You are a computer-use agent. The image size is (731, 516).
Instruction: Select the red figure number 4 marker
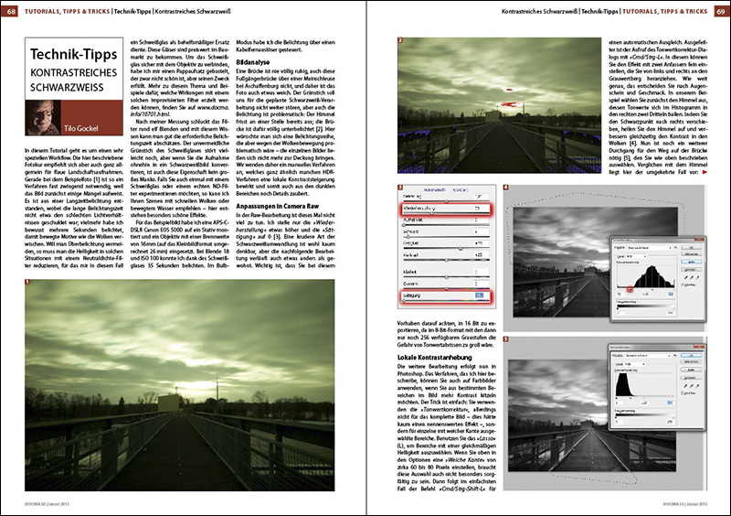505,187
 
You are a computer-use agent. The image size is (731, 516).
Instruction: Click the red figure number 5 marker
505,338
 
